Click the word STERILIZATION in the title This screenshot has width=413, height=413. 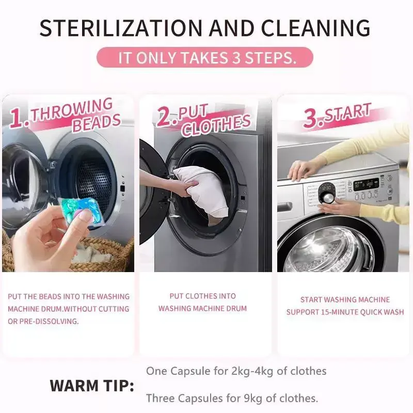(x=121, y=28)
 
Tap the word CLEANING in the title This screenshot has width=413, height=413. (x=316, y=28)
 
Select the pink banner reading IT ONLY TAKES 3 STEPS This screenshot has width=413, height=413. (x=205, y=57)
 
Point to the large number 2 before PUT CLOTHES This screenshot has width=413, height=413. (x=165, y=116)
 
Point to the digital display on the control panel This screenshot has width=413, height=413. (x=366, y=184)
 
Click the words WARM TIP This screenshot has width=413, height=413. (x=92, y=386)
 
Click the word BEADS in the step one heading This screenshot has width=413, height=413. (x=97, y=122)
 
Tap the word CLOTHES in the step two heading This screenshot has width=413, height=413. (x=216, y=125)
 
